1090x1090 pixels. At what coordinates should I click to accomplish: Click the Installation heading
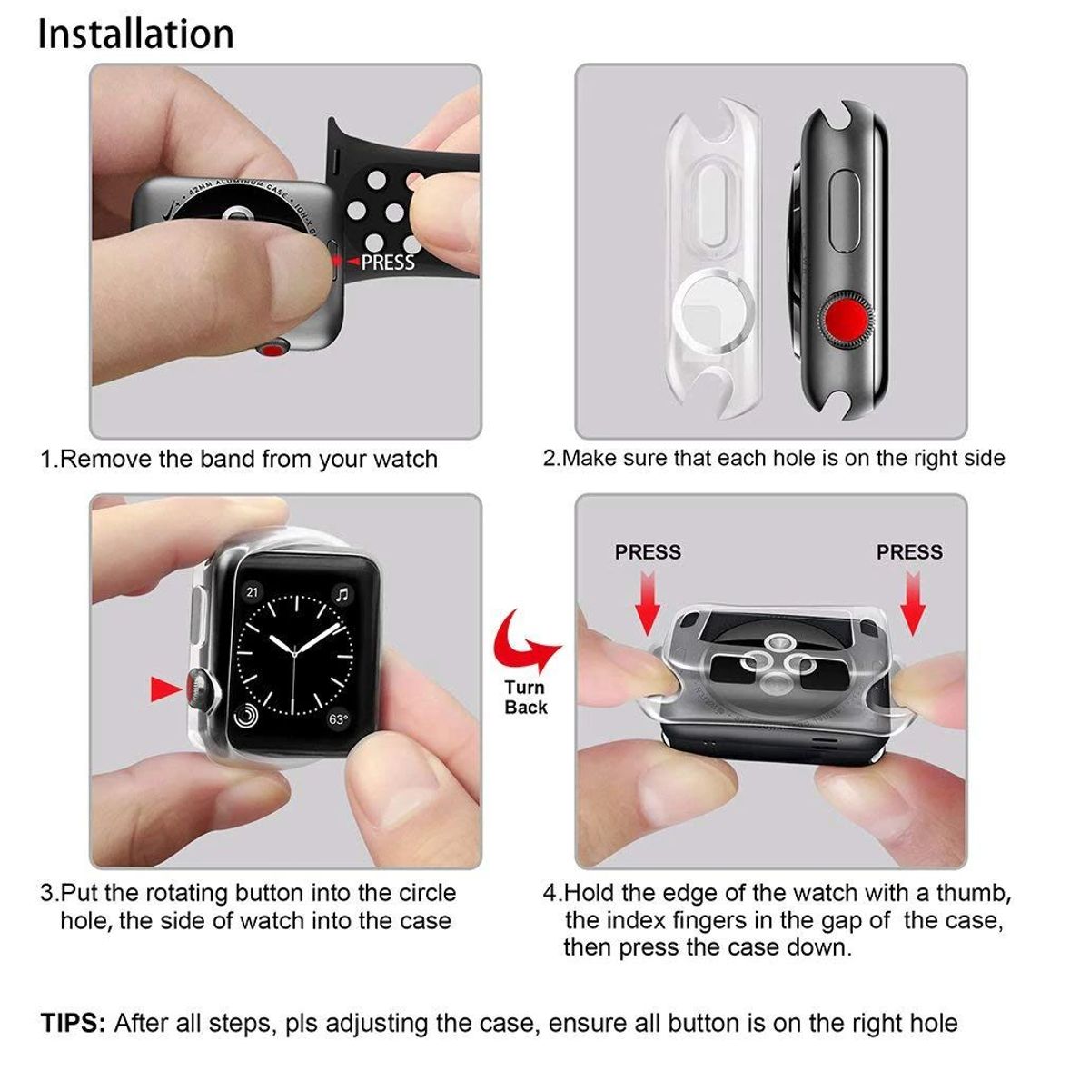coord(136,35)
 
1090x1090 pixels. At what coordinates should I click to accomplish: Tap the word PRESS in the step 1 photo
coord(388,263)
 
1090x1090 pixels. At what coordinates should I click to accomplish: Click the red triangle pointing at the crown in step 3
coord(165,689)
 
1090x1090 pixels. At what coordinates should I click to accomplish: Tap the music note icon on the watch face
coord(342,595)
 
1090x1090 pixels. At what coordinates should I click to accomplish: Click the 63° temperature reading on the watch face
coord(338,719)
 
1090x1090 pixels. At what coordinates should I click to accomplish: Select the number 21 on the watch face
coord(252,592)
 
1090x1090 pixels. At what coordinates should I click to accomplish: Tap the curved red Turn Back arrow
coord(525,641)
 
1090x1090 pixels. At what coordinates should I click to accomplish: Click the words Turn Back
coord(526,698)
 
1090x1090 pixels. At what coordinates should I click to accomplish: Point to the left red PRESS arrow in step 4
coord(647,603)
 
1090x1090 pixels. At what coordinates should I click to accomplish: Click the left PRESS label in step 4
coord(648,552)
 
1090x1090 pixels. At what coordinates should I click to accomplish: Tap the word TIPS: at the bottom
coord(74,1024)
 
